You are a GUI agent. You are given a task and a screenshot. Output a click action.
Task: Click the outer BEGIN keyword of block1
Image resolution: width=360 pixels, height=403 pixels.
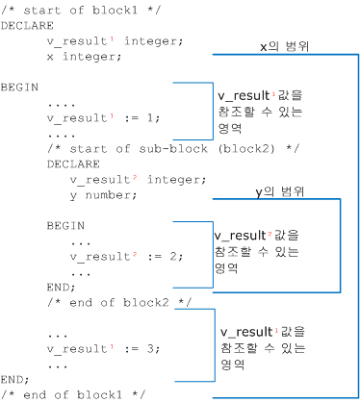(x=19, y=88)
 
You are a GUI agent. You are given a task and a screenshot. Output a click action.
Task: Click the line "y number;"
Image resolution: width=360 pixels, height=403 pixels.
(x=103, y=195)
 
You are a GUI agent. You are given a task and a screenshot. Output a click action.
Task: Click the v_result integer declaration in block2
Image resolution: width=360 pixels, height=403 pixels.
(x=127, y=180)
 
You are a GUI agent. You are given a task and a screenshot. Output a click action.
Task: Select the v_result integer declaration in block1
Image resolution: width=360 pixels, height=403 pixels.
(x=102, y=41)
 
